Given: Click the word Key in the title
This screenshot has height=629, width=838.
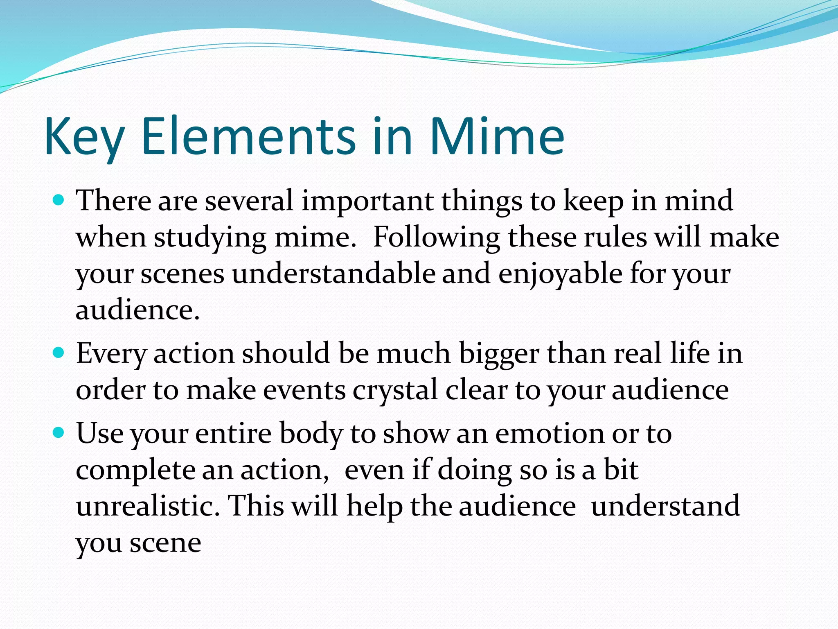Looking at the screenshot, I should pos(84,136).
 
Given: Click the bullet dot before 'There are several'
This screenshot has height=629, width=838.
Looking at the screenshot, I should pos(59,200).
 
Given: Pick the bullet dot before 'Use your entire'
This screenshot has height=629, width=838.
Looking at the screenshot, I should pos(59,432).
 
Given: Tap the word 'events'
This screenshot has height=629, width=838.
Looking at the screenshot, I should pos(304,390).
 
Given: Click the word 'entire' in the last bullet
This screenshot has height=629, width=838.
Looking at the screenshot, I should pos(233,433).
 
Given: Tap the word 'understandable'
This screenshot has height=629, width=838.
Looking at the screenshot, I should pos(333,274).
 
